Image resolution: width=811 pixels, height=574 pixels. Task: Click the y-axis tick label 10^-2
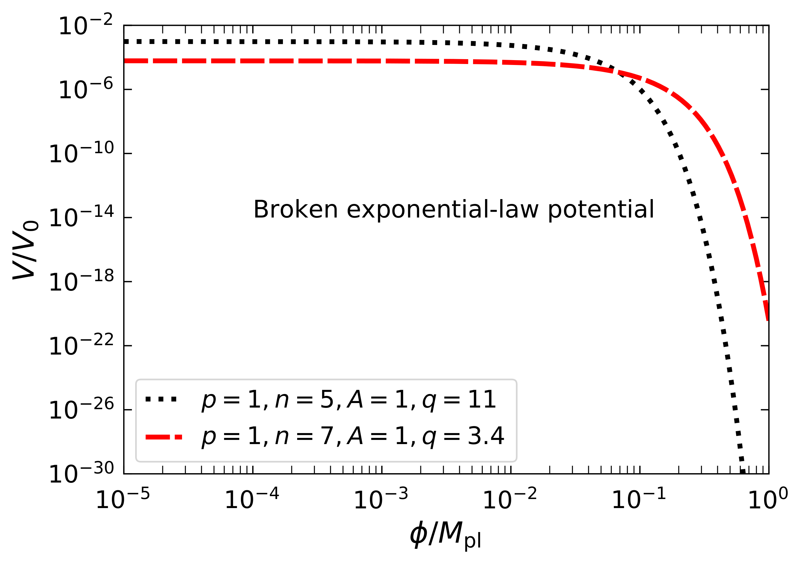[x=86, y=26]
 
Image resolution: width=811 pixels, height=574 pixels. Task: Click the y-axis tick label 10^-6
[x=86, y=90]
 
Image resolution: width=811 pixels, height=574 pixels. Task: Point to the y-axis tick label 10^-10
[x=81, y=154]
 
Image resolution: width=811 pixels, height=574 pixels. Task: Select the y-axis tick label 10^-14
[x=81, y=218]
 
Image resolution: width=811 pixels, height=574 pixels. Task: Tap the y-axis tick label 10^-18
[x=81, y=282]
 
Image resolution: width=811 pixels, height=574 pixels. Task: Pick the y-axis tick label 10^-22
[x=81, y=346]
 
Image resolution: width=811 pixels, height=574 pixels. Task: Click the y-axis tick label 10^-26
[x=81, y=411]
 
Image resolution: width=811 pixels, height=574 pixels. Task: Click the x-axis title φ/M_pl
[x=446, y=536]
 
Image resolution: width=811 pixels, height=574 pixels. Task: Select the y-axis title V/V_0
[x=25, y=250]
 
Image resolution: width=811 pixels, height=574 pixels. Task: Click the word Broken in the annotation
[x=296, y=210]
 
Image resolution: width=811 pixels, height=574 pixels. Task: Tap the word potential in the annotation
[x=601, y=210]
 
